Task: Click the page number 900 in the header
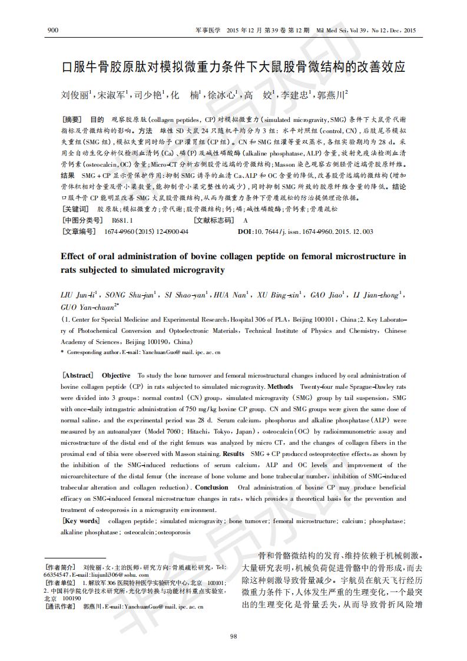(x=52, y=30)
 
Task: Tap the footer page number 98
(x=233, y=635)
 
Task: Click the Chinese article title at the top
(x=233, y=67)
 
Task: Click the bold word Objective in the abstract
(x=116, y=375)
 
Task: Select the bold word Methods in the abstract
(x=280, y=387)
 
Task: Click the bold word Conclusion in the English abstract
(x=211, y=487)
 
